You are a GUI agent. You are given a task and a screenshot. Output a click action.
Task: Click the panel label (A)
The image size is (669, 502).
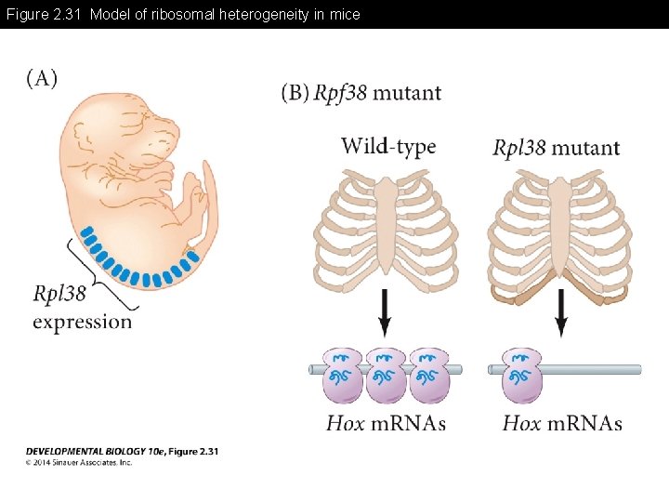pos(41,78)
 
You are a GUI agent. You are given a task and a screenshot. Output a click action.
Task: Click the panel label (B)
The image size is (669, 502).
pos(295,93)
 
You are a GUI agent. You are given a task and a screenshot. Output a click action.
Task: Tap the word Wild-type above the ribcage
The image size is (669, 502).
pos(387,146)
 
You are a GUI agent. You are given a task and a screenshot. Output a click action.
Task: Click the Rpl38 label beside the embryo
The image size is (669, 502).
pos(59,294)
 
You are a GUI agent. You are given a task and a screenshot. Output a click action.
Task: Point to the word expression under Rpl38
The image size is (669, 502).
pos(82,322)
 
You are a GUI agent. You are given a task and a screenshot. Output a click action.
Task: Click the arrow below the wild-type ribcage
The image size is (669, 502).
pos(385,314)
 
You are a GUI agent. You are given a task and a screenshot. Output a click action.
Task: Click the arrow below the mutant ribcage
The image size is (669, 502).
pos(560,314)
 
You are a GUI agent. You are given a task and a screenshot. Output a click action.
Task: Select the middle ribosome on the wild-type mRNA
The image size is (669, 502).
pos(385,375)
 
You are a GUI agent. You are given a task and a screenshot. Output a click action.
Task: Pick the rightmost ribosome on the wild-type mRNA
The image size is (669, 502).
pos(428,375)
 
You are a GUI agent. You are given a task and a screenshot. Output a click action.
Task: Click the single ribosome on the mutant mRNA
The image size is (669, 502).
pos(522,375)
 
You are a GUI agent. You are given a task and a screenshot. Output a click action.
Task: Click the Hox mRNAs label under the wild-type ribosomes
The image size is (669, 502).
pos(386,424)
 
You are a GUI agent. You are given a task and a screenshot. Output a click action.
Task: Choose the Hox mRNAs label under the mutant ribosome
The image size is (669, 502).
pos(562,424)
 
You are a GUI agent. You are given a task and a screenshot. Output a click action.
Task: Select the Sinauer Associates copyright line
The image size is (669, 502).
pos(79,462)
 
